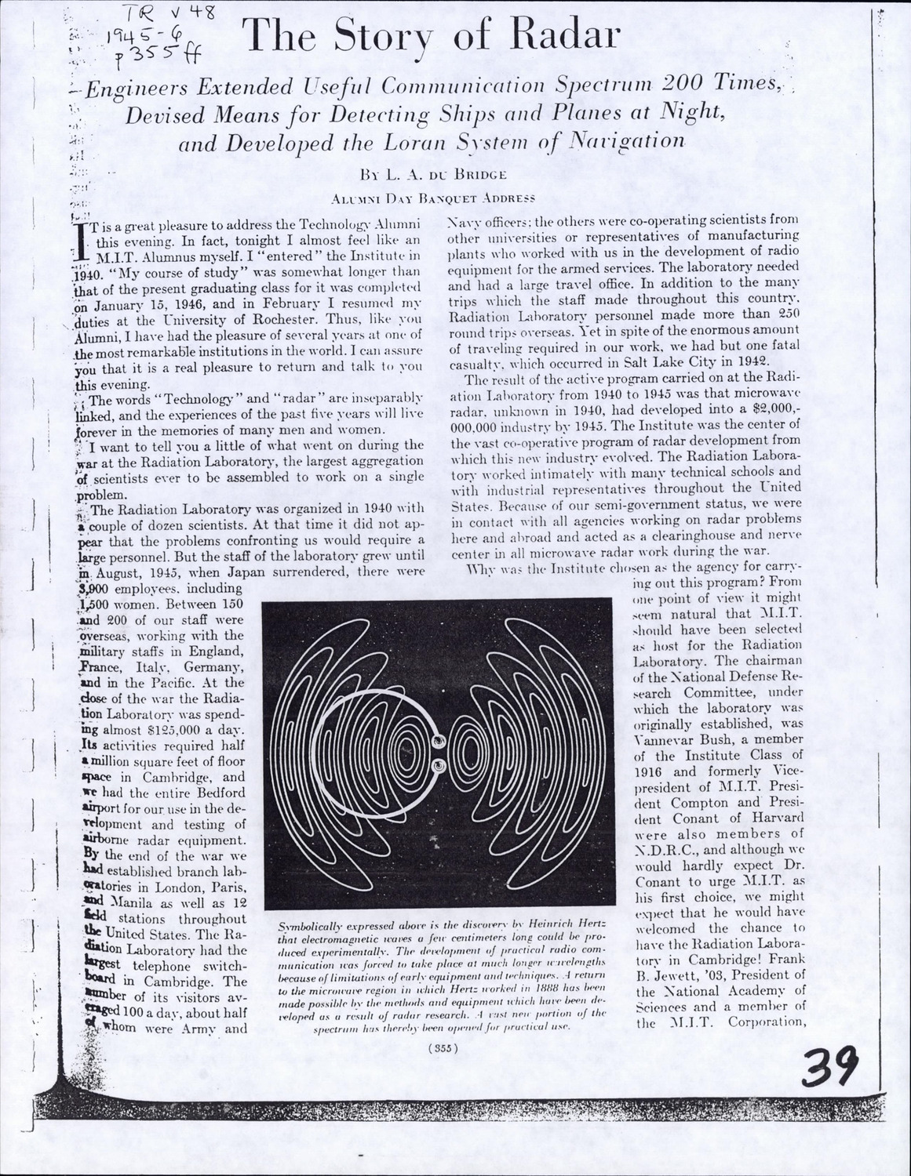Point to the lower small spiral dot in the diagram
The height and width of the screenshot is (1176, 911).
439,764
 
